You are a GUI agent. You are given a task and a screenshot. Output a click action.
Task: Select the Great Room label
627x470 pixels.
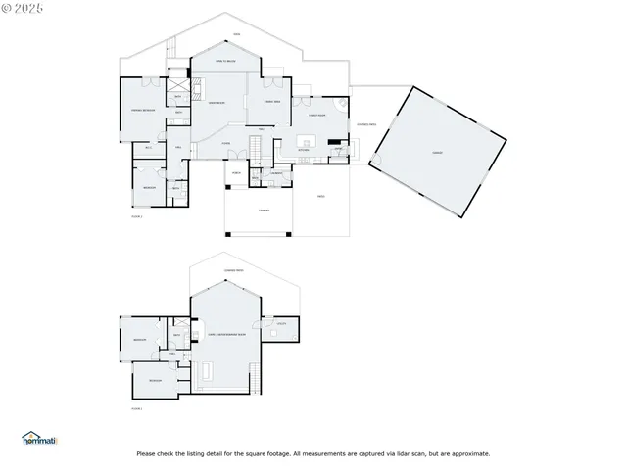tap(217, 103)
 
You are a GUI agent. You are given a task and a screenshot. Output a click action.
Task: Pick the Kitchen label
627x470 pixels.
tap(304, 150)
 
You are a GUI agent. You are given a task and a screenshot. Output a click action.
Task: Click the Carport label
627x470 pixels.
tap(264, 211)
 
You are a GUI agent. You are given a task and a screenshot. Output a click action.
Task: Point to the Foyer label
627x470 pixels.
tap(225, 143)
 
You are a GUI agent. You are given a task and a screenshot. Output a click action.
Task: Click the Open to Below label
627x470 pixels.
tap(227, 61)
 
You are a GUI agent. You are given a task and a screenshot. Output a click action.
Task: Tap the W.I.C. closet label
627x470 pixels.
tap(149, 147)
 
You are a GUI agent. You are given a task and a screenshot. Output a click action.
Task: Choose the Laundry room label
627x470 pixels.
tap(276, 174)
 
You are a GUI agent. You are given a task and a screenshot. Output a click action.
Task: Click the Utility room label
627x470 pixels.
tap(281, 323)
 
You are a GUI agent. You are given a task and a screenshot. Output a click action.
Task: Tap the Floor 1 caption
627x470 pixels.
tap(136, 217)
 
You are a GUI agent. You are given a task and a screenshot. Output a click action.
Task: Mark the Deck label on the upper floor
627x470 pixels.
tap(235, 35)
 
